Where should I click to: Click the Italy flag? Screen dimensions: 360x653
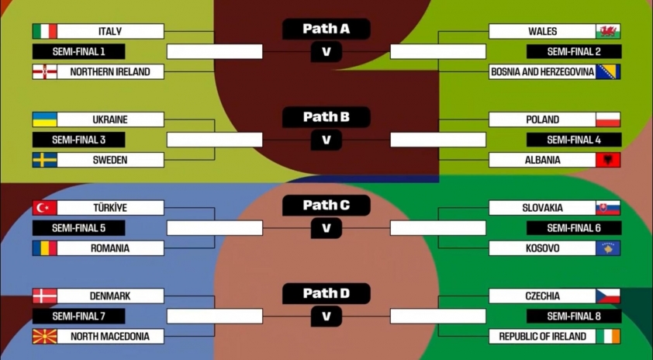coord(44,31)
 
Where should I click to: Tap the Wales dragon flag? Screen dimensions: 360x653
coord(608,31)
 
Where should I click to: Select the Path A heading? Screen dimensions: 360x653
coord(326,29)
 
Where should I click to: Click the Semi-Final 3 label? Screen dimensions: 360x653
coord(78,140)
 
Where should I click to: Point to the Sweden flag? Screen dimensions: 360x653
coord(44,160)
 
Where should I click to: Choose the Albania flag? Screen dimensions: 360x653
coord(608,160)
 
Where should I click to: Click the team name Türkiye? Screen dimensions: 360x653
coord(110,208)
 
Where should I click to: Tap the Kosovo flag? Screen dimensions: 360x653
coord(608,248)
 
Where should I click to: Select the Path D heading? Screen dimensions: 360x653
coord(326,293)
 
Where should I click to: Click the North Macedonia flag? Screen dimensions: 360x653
coord(44,337)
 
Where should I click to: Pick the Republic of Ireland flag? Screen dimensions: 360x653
coord(608,337)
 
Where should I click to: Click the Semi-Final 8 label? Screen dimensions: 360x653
coord(574,316)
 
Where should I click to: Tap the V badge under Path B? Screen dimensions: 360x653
coord(326,140)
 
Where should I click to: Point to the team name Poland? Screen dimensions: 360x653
coord(542,119)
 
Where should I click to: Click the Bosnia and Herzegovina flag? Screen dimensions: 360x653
coord(608,71)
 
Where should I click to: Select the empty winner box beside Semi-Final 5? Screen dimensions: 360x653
coord(215,228)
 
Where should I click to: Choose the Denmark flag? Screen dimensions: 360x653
coord(44,296)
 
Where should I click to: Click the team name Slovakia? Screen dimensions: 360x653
coord(542,208)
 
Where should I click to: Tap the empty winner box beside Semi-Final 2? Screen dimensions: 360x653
coord(437,51)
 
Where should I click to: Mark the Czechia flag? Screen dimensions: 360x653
coord(608,296)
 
